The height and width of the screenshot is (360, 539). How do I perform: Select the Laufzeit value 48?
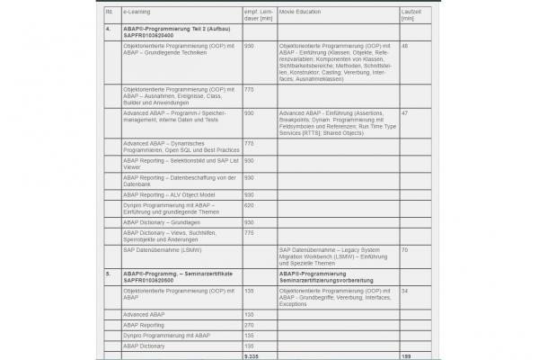(405, 45)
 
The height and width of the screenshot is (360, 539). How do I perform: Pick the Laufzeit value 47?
(405, 112)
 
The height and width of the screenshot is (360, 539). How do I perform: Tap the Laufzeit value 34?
(405, 291)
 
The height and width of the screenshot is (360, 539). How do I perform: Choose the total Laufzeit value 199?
(407, 356)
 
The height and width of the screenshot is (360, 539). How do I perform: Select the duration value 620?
(249, 204)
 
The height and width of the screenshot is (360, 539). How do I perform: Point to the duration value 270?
(249, 324)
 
